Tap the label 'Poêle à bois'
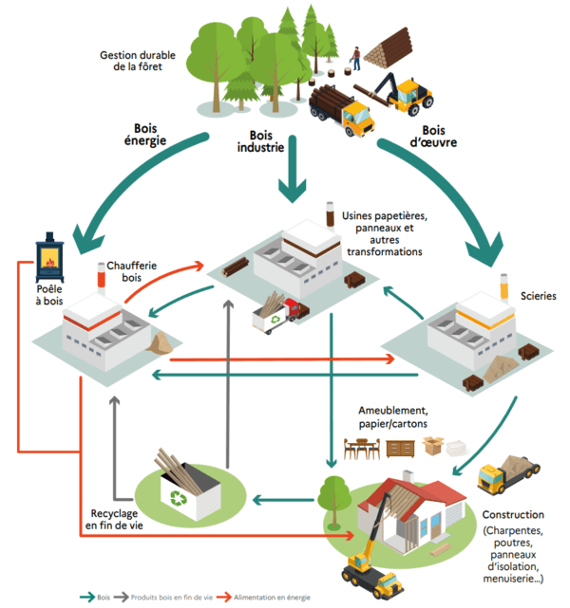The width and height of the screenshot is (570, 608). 50,293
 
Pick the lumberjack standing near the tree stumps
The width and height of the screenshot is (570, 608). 355,62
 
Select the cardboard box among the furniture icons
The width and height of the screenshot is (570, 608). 434,444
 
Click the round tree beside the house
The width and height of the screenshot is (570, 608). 333,492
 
